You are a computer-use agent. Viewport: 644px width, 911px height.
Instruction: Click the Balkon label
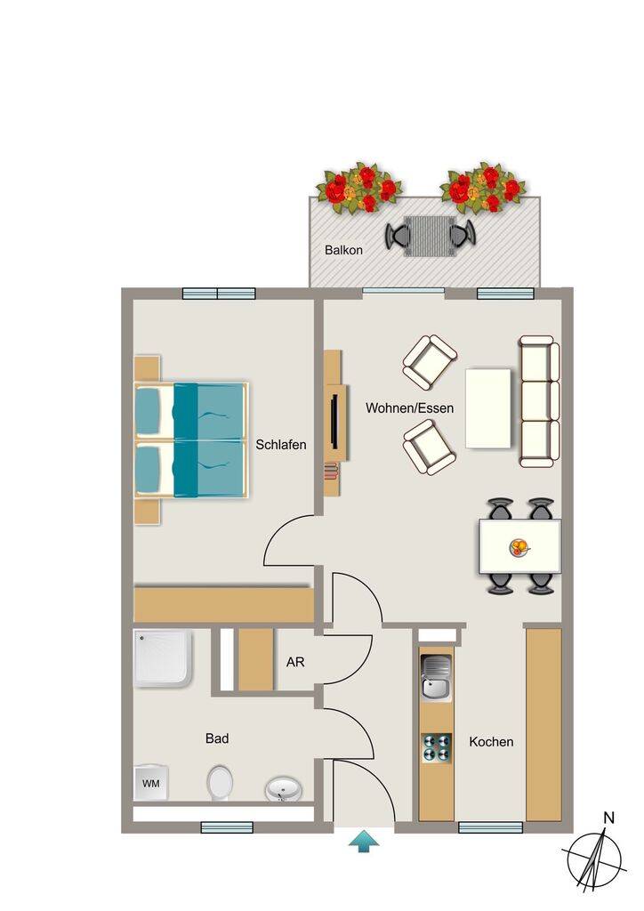coord(343,250)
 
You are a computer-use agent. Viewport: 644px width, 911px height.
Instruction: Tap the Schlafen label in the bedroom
coord(281,445)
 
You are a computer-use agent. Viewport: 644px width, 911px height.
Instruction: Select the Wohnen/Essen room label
coord(409,407)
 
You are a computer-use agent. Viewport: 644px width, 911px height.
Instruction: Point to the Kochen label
coord(491,742)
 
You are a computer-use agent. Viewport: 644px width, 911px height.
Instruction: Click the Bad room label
coord(217,738)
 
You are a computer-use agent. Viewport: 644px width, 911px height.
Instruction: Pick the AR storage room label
coord(295,662)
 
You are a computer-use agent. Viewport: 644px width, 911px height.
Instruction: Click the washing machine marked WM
coord(151,783)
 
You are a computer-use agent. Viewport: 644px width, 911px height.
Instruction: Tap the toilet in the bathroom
coord(220,783)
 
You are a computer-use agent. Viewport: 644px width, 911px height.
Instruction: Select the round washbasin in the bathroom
coord(284,790)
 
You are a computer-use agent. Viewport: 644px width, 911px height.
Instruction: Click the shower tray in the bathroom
coord(163,657)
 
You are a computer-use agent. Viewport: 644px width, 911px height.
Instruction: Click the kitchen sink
coord(436,678)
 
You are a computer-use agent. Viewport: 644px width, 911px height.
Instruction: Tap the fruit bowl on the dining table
coord(519,547)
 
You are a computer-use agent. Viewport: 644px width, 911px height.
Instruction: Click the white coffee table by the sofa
coord(488,408)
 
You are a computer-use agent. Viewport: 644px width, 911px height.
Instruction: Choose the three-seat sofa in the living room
coord(539,401)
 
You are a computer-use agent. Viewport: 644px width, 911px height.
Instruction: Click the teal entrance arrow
coord(364,842)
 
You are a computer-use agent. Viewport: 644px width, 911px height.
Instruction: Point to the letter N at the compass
coord(608,818)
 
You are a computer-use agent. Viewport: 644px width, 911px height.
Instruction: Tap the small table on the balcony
coord(430,236)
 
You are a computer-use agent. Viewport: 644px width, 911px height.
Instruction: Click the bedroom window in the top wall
coord(219,294)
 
